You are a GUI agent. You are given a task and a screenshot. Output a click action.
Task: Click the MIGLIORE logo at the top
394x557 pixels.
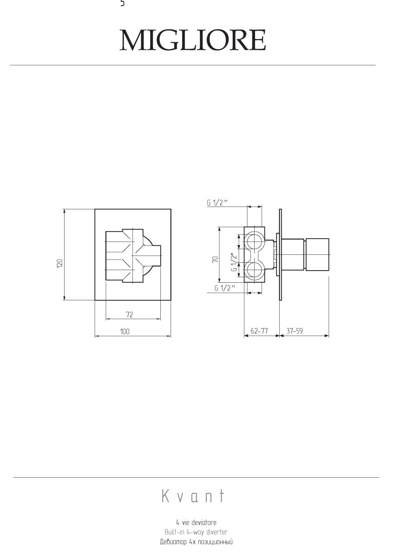click(x=193, y=40)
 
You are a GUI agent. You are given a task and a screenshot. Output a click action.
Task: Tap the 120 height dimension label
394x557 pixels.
click(x=60, y=264)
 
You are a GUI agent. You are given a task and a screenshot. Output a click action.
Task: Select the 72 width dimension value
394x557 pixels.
click(x=130, y=315)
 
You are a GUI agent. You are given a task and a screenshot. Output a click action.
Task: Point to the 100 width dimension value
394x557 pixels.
click(x=125, y=331)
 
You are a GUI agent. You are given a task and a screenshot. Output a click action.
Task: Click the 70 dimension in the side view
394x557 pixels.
click(x=216, y=259)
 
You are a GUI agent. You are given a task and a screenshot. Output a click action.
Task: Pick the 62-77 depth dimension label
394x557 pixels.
click(x=259, y=331)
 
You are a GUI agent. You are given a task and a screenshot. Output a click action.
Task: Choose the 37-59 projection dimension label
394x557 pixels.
click(x=295, y=331)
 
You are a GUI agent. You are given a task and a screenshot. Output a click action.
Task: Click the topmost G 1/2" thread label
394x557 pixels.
click(x=217, y=203)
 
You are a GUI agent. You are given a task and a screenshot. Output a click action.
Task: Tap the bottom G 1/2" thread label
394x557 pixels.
click(x=225, y=288)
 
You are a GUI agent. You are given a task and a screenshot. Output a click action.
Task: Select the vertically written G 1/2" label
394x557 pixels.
click(x=233, y=262)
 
